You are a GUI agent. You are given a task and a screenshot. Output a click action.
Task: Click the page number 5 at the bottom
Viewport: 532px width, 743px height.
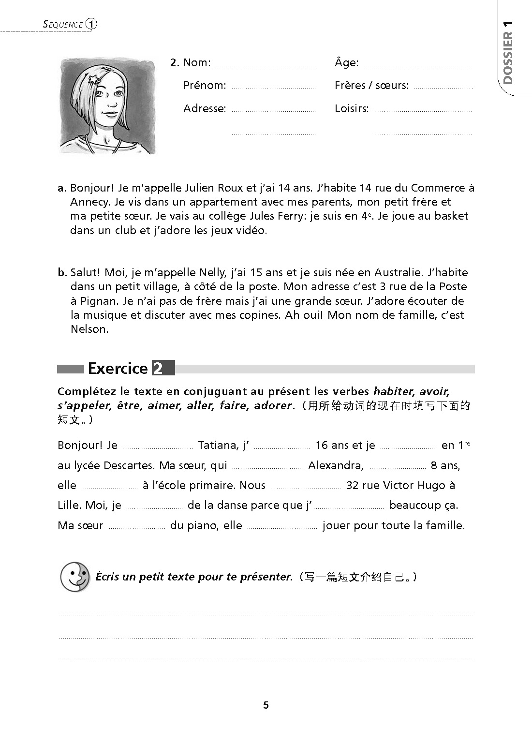[266, 705]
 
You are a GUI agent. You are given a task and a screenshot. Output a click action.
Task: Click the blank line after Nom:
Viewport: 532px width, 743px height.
[266, 64]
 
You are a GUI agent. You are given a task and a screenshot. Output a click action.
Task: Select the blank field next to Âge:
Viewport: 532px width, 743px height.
[417, 64]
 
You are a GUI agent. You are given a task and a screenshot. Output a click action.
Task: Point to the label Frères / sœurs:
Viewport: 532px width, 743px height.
[371, 86]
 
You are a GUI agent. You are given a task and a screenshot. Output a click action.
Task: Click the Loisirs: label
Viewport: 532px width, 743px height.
[351, 109]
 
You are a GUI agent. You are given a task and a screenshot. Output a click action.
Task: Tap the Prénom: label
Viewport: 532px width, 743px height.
[205, 86]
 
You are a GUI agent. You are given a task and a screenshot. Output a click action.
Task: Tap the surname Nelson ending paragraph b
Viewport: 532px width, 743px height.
[89, 329]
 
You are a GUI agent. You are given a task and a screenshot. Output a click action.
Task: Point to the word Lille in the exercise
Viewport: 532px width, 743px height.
[68, 505]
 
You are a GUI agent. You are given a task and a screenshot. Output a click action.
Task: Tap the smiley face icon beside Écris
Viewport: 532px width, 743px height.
[75, 577]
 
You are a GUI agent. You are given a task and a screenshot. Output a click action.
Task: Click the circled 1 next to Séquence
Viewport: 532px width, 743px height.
[91, 24]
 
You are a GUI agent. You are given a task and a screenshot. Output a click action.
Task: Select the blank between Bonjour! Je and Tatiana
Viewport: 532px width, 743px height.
[158, 447]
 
